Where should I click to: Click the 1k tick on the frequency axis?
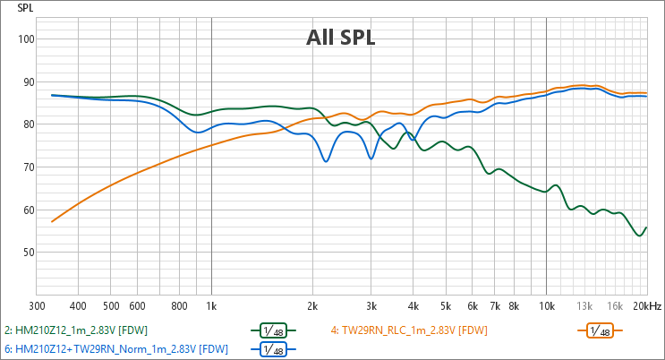coord(211,305)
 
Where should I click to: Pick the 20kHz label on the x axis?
coord(647,305)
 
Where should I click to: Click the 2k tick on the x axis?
coord(312,305)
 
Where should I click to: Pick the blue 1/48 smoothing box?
coord(273,349)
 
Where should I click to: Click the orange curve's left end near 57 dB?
coord(52,221)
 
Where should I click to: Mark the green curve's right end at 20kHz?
coord(645,228)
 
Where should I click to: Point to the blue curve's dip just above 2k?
coord(327,161)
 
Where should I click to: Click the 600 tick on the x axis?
coord(137,305)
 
